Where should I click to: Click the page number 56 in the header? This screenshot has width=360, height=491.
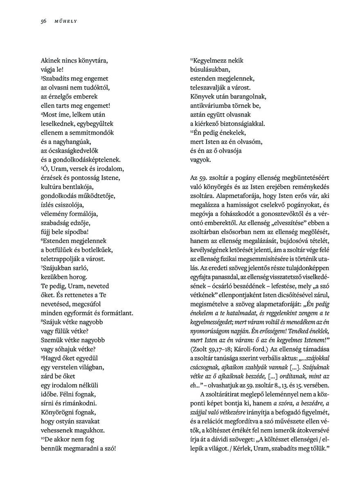(43, 22)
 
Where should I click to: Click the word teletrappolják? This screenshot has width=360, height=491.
(61, 259)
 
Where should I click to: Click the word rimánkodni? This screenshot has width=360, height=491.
(76, 403)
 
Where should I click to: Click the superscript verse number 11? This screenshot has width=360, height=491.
(191, 59)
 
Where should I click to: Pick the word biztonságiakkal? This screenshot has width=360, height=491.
(244, 123)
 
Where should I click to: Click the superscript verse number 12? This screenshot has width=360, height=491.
(191, 131)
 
